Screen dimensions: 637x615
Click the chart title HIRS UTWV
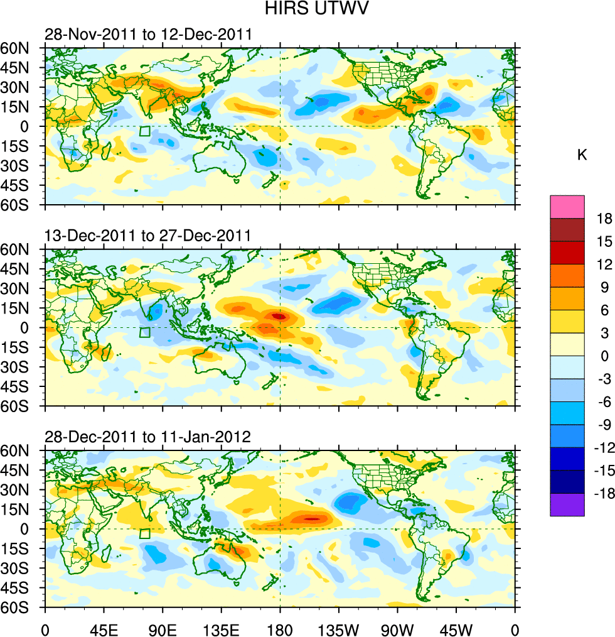pyautogui.click(x=307, y=9)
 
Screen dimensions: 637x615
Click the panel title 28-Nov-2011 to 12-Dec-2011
pyautogui.click(x=147, y=34)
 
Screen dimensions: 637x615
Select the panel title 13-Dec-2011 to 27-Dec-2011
pyautogui.click(x=147, y=236)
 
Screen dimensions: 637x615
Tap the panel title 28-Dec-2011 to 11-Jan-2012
pyautogui.click(x=147, y=437)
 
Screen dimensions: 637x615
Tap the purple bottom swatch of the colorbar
pyautogui.click(x=567, y=504)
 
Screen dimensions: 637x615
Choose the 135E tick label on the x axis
pyautogui.click(x=221, y=628)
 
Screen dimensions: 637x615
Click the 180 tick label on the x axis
pyautogui.click(x=280, y=628)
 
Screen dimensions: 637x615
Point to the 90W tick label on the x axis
pyautogui.click(x=397, y=628)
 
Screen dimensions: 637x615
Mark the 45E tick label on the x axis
pyautogui.click(x=104, y=628)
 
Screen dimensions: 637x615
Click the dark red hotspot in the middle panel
pyautogui.click(x=280, y=316)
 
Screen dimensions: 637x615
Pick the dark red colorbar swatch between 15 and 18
pyautogui.click(x=567, y=229)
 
